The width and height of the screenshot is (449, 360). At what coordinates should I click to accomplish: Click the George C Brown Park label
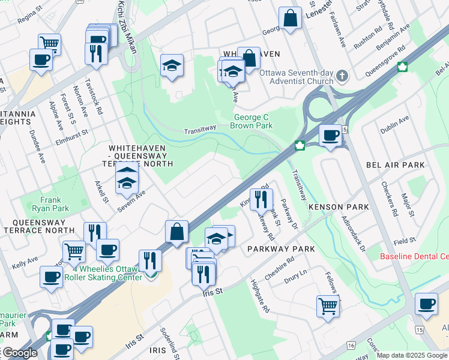click(251, 122)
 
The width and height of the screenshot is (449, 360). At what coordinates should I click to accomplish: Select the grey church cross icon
click(342, 76)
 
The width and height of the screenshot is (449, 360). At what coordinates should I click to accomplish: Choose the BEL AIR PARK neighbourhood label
click(395, 165)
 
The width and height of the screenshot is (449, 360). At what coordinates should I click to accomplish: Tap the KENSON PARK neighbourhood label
click(338, 207)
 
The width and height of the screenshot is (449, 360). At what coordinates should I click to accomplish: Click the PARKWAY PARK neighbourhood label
click(276, 248)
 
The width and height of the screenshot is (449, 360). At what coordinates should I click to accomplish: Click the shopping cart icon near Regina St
click(49, 43)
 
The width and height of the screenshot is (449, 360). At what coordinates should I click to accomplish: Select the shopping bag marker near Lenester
click(290, 18)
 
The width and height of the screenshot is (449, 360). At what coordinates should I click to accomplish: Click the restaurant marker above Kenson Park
click(261, 199)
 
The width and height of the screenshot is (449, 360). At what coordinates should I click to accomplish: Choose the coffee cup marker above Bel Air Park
click(330, 135)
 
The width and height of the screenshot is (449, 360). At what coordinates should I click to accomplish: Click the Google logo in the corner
click(19, 353)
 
